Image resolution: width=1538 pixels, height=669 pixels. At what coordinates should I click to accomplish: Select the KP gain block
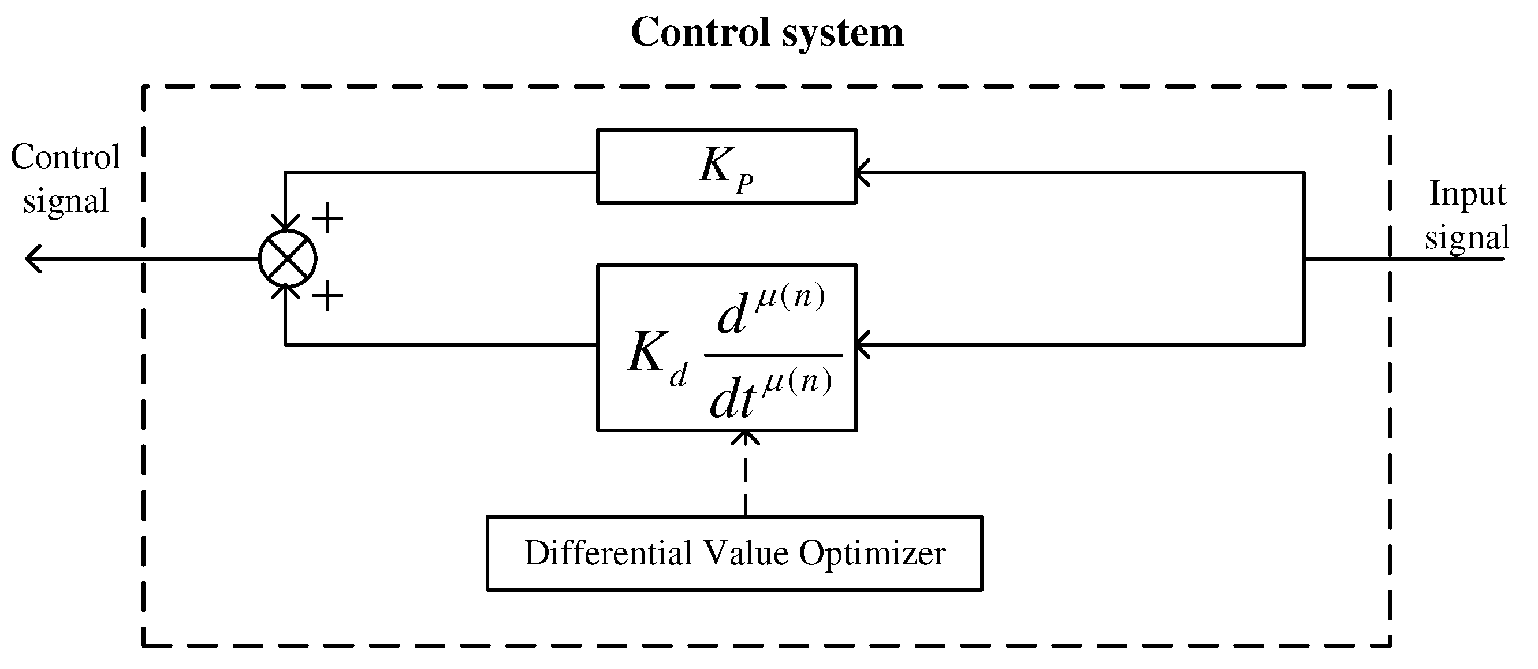tap(726, 166)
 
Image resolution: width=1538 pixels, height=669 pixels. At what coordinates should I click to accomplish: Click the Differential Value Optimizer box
tap(734, 553)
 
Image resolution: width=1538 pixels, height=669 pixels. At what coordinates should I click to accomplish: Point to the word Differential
tap(608, 552)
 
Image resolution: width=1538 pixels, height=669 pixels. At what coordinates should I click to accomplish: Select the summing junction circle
tap(287, 259)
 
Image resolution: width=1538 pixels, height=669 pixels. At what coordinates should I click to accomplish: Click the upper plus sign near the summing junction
tap(327, 218)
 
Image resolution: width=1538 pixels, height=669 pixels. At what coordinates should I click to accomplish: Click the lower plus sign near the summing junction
tap(327, 296)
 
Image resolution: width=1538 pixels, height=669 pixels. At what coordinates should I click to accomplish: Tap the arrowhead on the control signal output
tap(33, 259)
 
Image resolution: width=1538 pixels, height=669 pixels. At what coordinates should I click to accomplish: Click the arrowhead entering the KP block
tap(862, 173)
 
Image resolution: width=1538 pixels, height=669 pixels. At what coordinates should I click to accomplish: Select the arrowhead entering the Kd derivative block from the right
tap(862, 345)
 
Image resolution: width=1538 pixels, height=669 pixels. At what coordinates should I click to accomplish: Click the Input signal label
tap(1467, 215)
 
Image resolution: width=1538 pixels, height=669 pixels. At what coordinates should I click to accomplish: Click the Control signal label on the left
tap(66, 178)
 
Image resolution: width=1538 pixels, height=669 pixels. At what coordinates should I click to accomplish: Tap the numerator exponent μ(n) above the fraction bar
tap(790, 297)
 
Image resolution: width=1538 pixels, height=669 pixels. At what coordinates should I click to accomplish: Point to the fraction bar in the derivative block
tap(773, 355)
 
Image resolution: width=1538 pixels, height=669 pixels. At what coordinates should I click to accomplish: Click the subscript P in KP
tap(744, 183)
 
